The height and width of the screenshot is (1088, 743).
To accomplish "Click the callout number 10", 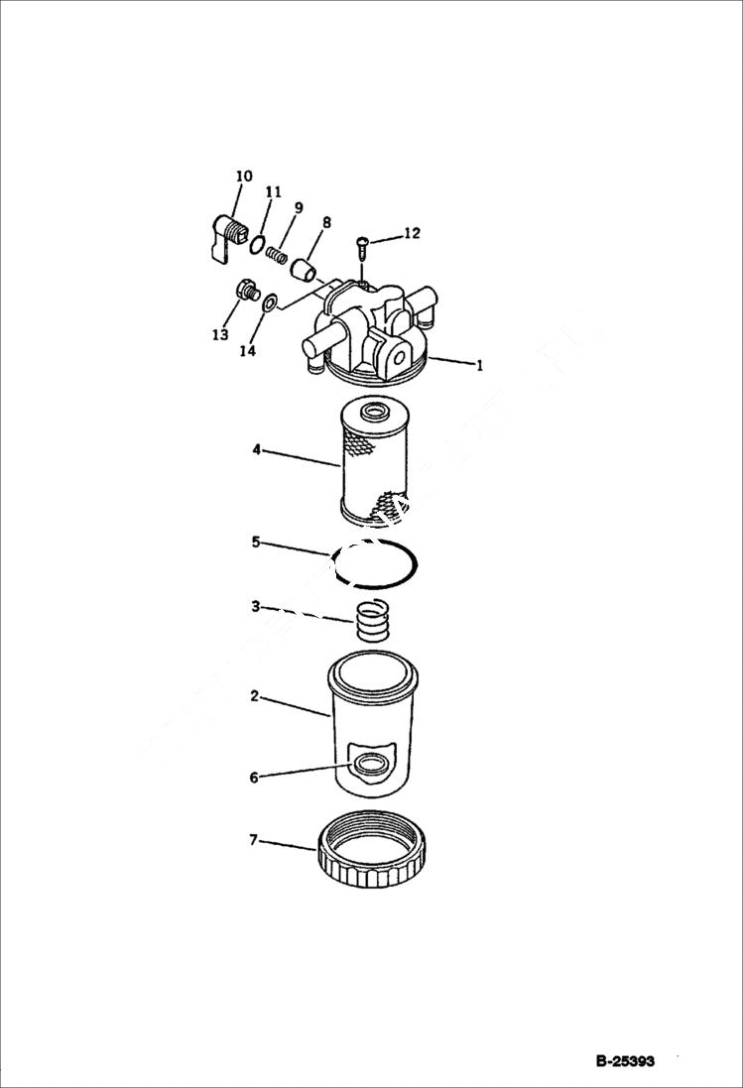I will (x=243, y=177).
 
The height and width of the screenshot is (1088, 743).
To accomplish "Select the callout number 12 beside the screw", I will (x=411, y=234).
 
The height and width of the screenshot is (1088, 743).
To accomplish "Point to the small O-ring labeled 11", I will (x=257, y=245).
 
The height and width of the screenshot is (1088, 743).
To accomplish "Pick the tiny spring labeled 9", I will (x=277, y=256).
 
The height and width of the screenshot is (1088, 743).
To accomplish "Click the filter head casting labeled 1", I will (x=372, y=332).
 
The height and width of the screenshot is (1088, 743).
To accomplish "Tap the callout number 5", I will (x=255, y=543).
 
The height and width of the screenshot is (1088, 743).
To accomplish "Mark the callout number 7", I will (x=253, y=840).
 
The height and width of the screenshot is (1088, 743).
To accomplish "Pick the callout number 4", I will (x=256, y=449).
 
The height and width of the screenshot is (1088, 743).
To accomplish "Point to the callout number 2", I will (x=254, y=696).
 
